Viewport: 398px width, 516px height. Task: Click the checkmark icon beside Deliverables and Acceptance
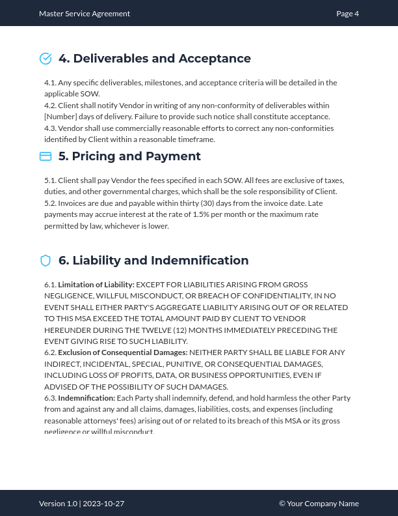(46, 59)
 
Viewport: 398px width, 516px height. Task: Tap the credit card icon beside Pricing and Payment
(46, 156)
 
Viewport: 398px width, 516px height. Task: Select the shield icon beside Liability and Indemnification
(46, 261)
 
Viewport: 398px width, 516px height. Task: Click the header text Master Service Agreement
(85, 14)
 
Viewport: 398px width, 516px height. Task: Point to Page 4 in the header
(347, 14)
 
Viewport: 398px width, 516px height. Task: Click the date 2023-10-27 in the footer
(103, 504)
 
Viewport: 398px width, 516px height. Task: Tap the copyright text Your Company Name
(323, 504)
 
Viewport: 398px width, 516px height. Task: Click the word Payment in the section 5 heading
(174, 156)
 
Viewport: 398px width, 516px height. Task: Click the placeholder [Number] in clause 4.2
(60, 117)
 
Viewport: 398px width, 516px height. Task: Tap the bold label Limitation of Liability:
(96, 285)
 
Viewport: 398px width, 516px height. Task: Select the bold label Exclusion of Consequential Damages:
(123, 352)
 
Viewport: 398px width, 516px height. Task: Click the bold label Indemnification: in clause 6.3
(86, 398)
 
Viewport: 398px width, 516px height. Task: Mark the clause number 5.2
(50, 203)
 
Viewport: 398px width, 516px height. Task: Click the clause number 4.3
(50, 128)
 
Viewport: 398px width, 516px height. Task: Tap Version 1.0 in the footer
(58, 504)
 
